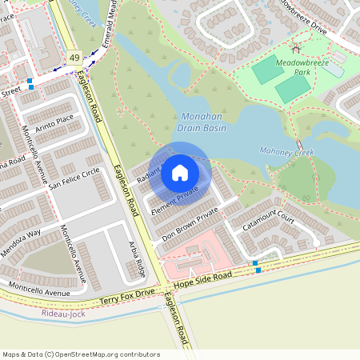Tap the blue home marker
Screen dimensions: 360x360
click(180, 172)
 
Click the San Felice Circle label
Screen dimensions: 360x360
click(74, 177)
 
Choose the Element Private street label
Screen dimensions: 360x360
click(174, 201)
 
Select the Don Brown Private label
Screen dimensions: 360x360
click(190, 226)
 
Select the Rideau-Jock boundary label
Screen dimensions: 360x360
click(61, 313)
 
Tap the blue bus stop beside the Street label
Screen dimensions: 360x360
click(30, 82)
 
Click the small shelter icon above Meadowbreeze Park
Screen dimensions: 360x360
click(295, 49)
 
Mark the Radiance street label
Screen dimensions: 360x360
click(150, 173)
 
